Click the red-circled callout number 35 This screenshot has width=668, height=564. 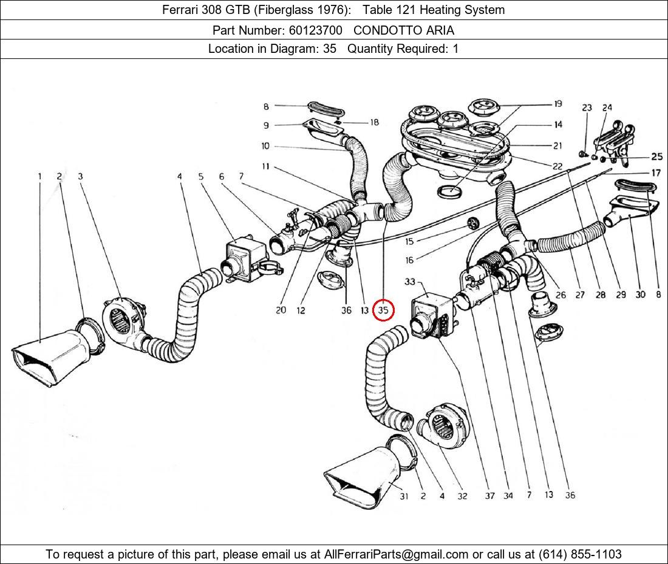click(x=383, y=311)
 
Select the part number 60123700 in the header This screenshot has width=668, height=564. click(x=316, y=30)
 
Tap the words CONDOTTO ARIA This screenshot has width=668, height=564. click(x=404, y=30)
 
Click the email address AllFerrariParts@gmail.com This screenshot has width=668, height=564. click(x=397, y=554)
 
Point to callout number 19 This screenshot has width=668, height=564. click(x=557, y=104)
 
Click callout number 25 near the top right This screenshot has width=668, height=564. click(x=656, y=157)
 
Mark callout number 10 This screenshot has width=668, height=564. click(x=265, y=146)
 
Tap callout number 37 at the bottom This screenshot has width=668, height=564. click(x=489, y=495)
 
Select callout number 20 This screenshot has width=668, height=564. click(x=280, y=311)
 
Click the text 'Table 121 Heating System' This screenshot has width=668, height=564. click(x=434, y=10)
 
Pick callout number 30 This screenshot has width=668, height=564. click(x=640, y=295)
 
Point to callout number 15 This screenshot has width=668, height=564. click(x=410, y=241)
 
